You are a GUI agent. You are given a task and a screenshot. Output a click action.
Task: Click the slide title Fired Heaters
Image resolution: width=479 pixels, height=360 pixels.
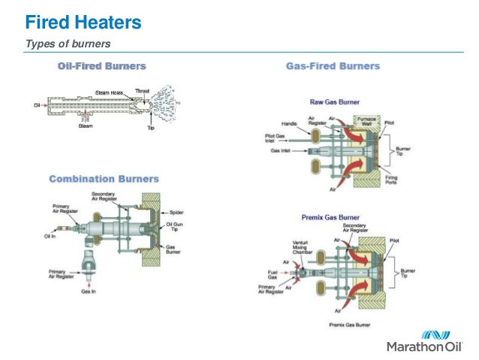pyautogui.click(x=83, y=23)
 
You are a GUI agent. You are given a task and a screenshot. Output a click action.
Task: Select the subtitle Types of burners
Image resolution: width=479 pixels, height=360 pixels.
pyautogui.click(x=68, y=44)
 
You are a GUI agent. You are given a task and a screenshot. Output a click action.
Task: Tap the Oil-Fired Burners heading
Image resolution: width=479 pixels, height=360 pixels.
pyautogui.click(x=102, y=66)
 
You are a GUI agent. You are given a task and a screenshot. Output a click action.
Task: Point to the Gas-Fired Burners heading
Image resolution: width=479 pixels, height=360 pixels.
pyautogui.click(x=333, y=66)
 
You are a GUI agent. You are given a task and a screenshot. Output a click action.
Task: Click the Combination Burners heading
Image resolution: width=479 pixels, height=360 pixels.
pyautogui.click(x=104, y=179)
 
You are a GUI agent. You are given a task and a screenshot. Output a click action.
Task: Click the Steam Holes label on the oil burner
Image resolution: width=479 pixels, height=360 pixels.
pyautogui.click(x=109, y=92)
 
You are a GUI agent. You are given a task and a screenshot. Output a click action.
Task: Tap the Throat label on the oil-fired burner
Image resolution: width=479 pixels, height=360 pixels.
pyautogui.click(x=142, y=91)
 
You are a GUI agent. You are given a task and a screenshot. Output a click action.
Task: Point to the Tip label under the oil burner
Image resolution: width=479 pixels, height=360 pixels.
pyautogui.click(x=149, y=128)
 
